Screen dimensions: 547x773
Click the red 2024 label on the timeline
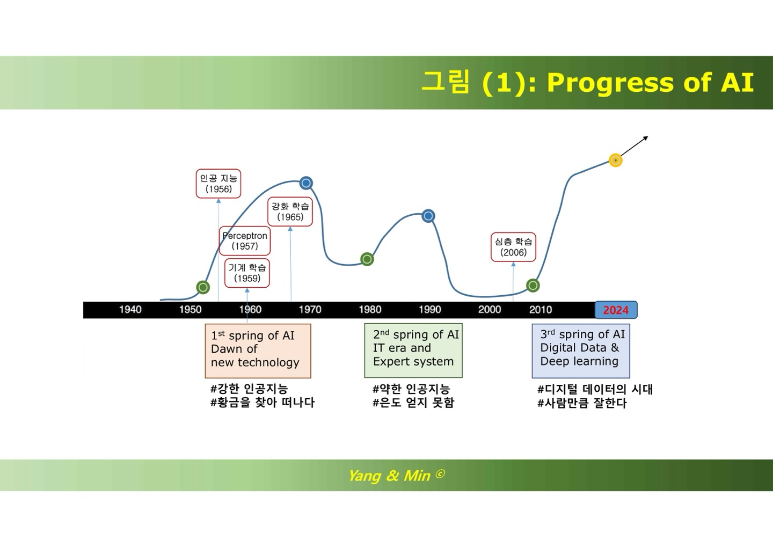coord(616,310)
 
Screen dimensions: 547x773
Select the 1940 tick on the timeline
coord(130,310)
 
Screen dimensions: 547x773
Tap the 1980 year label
coord(370,310)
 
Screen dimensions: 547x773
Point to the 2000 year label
coord(490,310)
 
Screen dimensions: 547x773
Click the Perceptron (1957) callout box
coord(245,241)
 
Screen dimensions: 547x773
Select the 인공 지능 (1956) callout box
coord(218,184)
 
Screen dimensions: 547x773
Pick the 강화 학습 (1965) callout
coord(290,211)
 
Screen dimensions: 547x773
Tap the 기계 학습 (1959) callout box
coord(247,273)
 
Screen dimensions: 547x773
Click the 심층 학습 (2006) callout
coord(513,247)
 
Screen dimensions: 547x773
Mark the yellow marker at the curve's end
coord(616,160)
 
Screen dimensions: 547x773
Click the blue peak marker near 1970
coord(306,183)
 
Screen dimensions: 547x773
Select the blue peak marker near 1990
coord(428,216)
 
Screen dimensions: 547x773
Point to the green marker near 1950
coord(203,287)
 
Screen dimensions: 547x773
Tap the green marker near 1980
coord(367,259)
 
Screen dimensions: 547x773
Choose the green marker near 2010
coord(533,285)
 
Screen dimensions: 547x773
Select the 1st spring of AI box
coord(258,350)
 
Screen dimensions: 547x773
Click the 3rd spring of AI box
coord(580,350)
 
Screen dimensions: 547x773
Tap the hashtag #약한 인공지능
coord(411,389)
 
